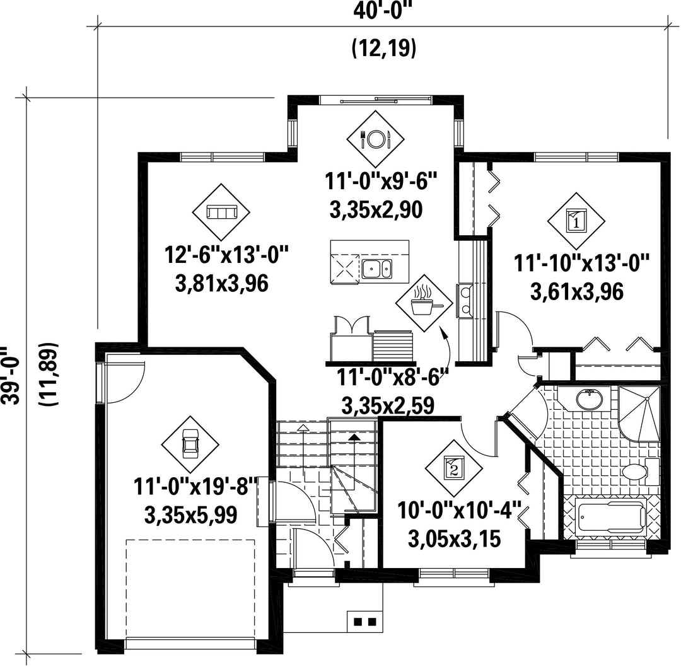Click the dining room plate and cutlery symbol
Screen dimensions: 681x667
click(375, 139)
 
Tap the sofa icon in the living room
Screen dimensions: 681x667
click(221, 212)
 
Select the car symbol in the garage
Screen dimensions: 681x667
click(190, 444)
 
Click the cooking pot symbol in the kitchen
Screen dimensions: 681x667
click(424, 303)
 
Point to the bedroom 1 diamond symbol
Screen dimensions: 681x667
click(576, 221)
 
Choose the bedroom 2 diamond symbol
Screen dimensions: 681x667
click(454, 468)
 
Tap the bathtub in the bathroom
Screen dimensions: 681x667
click(610, 517)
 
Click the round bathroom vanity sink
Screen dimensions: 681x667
click(589, 398)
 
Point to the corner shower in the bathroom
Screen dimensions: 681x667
click(639, 413)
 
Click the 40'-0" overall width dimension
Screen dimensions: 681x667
click(383, 9)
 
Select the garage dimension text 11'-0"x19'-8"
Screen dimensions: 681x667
click(195, 486)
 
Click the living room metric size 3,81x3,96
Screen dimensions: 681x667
click(222, 284)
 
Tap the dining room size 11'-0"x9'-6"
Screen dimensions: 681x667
click(381, 181)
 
